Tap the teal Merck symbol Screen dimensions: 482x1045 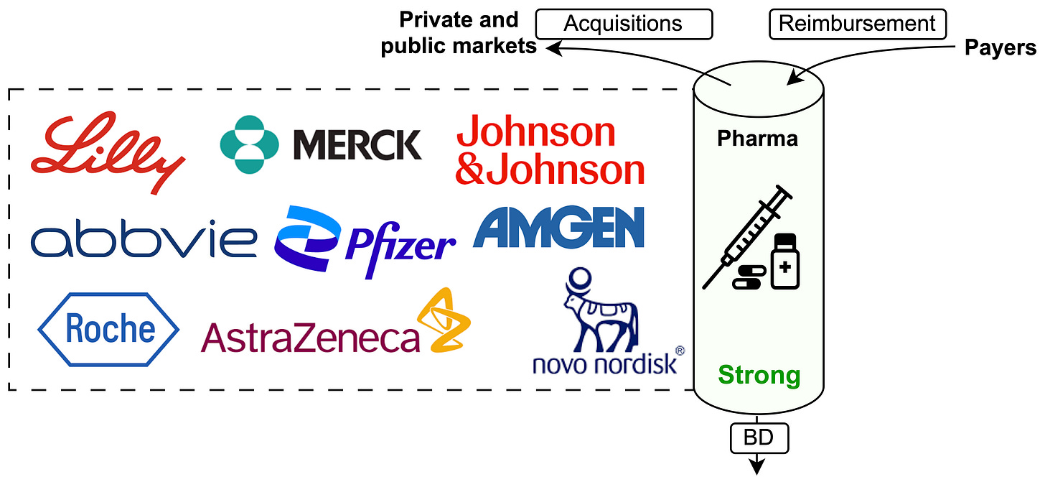point(249,144)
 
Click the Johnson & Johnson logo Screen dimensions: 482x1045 point(550,152)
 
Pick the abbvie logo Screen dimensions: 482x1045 point(144,241)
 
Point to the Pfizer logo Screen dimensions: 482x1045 point(365,242)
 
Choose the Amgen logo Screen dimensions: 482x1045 point(558,228)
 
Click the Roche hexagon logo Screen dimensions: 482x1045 point(108,330)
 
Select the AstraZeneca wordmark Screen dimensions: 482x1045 point(310,337)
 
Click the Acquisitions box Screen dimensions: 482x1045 point(622,24)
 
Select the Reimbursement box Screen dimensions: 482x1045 point(857,24)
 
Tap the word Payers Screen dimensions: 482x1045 point(999,47)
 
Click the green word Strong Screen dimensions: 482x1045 point(759,375)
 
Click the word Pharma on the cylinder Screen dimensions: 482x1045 point(757,138)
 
